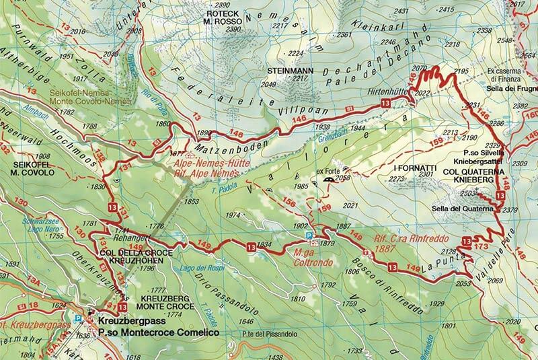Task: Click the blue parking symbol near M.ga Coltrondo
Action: [309, 236]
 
